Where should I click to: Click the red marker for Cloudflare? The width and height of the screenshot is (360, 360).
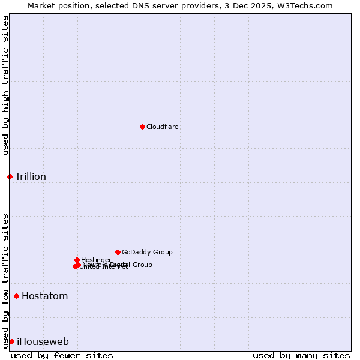142,127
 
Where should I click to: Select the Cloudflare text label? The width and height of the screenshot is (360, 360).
162,127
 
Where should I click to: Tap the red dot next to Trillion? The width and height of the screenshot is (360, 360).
10,176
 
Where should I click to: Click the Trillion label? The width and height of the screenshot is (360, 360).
31,177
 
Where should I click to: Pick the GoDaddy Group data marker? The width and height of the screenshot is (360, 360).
118,252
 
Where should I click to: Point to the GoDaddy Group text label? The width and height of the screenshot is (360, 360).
147,253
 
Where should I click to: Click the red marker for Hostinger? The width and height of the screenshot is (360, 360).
77,260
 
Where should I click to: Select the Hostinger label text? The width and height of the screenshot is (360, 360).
96,260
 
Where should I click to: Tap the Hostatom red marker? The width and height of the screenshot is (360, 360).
16,296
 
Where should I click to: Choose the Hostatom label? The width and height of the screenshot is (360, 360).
45,296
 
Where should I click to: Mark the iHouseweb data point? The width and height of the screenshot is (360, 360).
11,341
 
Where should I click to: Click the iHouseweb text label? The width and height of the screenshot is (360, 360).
43,342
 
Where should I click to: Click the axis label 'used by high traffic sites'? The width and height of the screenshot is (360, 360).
5,85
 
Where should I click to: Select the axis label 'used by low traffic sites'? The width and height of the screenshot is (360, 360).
5,280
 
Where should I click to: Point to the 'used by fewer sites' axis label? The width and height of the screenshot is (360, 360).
62,355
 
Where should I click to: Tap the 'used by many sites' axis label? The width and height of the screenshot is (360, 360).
301,355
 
